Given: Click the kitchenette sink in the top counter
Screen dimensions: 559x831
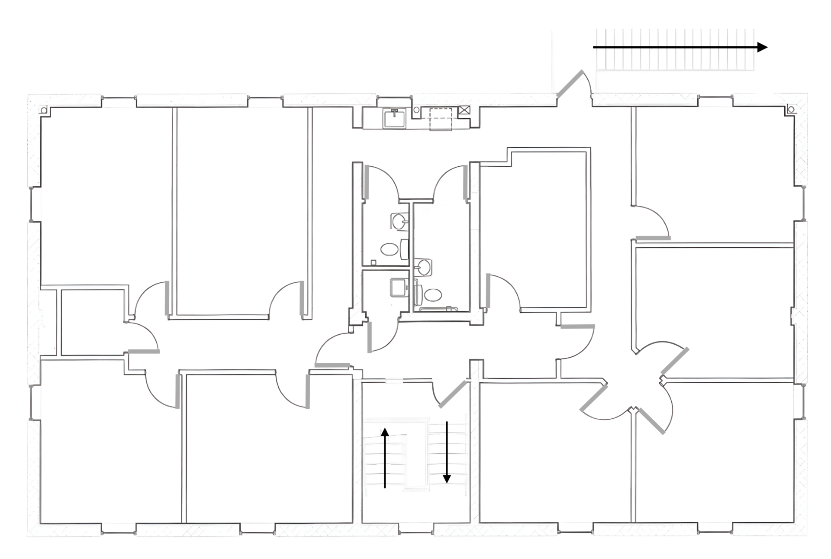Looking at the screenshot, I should (394, 118).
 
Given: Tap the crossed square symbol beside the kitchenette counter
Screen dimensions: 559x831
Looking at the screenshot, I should (464, 110).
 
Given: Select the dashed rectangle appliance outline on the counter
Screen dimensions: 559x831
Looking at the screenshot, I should (441, 119).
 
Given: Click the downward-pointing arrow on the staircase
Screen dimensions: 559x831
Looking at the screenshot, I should (447, 452).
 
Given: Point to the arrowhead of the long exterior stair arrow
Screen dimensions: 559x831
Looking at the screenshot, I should (762, 47).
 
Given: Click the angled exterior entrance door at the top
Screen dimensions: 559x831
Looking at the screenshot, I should (569, 84).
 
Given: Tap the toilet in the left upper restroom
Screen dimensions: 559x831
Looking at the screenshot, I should (390, 249).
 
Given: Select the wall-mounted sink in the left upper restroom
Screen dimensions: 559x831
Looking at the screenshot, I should (399, 222).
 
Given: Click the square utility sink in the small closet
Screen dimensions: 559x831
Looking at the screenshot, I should (398, 287).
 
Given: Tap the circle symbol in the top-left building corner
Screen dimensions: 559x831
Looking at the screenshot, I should (44, 110).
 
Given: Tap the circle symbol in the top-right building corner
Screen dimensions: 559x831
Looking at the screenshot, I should (791, 110).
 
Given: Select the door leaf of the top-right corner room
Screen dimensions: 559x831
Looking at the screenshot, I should (653, 238).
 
